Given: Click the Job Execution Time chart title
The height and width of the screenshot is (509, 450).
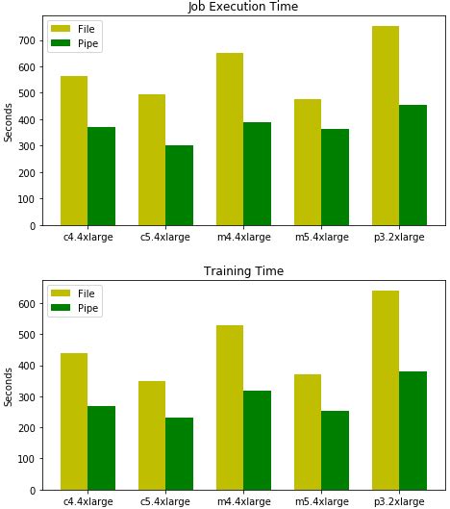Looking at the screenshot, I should (x=242, y=7).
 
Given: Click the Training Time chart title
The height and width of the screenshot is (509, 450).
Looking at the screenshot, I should (x=242, y=271).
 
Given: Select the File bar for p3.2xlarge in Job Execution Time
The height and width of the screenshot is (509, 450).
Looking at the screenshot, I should (x=386, y=125).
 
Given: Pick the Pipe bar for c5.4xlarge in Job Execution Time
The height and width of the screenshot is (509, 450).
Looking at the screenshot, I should (x=179, y=185).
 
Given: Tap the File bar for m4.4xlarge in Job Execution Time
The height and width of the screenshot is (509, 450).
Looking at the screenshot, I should (x=230, y=139).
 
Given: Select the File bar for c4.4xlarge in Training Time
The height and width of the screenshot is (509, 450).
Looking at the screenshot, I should (x=74, y=421).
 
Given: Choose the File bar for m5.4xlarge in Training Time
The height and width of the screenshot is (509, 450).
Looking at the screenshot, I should (x=308, y=432).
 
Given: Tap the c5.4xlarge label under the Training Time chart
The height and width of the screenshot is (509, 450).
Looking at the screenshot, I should (x=165, y=501).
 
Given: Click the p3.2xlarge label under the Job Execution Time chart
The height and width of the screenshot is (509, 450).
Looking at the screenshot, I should (x=399, y=237).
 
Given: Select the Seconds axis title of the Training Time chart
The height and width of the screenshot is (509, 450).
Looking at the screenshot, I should (x=9, y=385).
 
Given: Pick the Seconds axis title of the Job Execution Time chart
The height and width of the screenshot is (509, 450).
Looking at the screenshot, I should (x=9, y=121).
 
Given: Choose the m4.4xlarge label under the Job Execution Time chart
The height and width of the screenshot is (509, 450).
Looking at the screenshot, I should (x=243, y=237).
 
